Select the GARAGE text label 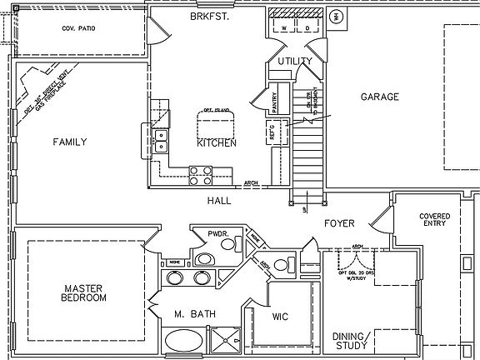379,97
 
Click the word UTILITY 295,61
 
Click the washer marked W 285,27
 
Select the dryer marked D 307,27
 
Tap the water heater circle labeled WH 337,16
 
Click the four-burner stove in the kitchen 201,175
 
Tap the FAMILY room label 70,142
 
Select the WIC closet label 281,317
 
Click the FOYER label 339,224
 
